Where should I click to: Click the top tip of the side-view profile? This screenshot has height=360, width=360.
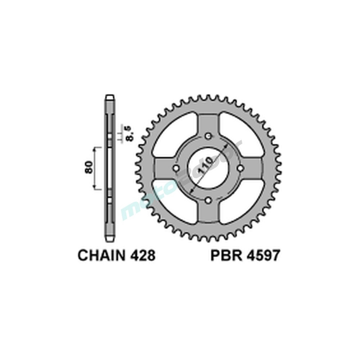tap(109, 96)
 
